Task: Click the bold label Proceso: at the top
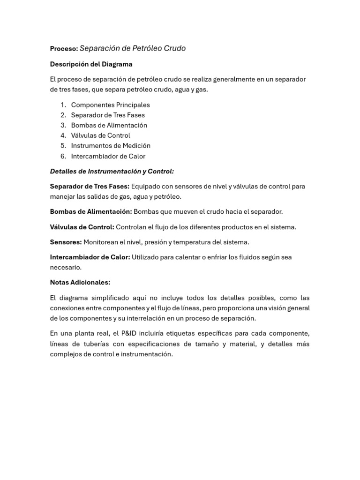(x=64, y=49)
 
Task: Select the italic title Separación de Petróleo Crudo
(x=133, y=48)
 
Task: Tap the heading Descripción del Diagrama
(x=91, y=64)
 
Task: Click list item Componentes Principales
(x=110, y=105)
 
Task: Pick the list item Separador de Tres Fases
(x=108, y=115)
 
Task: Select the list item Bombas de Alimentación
(x=109, y=125)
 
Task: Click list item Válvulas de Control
(x=100, y=135)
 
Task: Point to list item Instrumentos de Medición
(x=111, y=146)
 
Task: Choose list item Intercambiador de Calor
(x=108, y=156)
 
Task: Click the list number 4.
(x=63, y=135)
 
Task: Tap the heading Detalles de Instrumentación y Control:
(x=112, y=172)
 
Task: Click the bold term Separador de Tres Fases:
(x=90, y=187)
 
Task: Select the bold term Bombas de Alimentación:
(x=91, y=212)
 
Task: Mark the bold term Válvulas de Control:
(x=82, y=227)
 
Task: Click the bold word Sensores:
(x=66, y=242)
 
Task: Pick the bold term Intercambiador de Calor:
(x=90, y=257)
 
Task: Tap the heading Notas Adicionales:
(x=80, y=283)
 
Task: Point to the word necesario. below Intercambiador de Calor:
(x=66, y=268)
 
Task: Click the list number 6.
(x=63, y=156)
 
